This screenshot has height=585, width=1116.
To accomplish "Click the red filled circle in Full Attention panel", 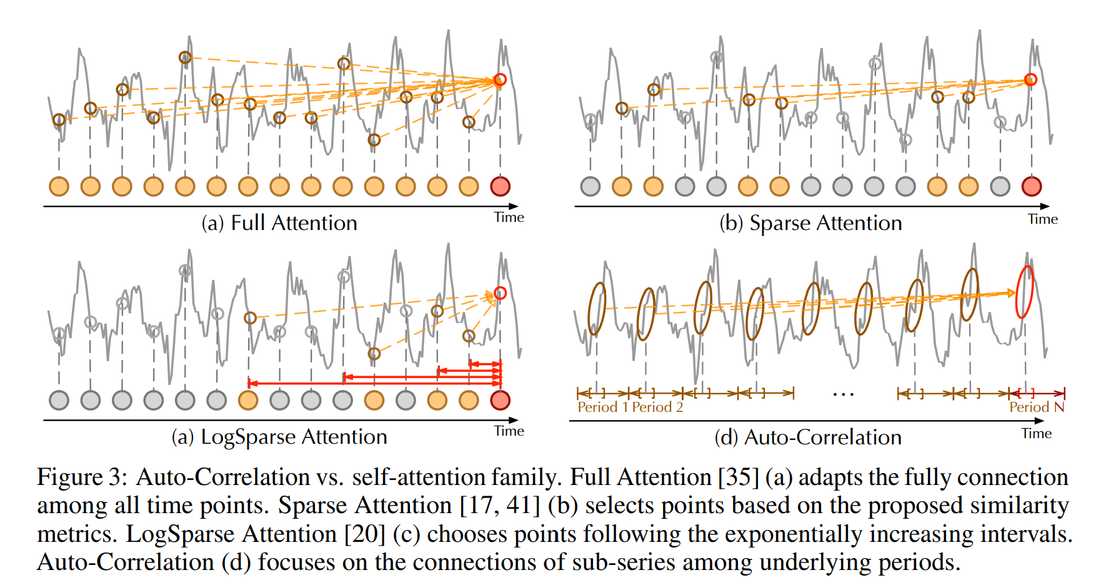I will pos(500,186).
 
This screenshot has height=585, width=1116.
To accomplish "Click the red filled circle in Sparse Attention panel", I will pos(1032,186).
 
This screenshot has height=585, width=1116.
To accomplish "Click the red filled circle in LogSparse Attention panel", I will pos(500,400).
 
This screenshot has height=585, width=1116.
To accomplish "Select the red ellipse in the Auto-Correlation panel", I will pos(1025,292).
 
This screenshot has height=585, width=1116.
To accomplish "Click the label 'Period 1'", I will pos(602,407).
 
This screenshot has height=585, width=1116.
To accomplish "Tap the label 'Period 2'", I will pos(657,407).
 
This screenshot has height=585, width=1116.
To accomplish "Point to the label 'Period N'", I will pos(1036,407).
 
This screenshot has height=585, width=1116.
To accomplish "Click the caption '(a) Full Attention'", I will pos(279,223).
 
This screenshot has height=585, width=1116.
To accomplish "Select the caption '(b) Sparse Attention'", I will pos(810,223).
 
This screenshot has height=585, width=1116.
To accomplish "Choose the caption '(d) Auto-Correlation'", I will pos(807,437).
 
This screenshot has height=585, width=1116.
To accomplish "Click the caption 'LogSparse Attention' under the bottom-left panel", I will pos(294,437).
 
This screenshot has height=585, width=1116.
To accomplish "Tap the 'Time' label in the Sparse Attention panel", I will pos(1043,219).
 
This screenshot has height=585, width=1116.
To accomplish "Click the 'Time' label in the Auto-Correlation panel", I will pos(1037,434).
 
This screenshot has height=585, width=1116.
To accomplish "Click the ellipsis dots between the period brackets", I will pos(844,394).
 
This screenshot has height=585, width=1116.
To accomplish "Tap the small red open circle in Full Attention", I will pos(500,80).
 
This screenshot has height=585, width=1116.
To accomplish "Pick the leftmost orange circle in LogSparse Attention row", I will pos(248,400).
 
